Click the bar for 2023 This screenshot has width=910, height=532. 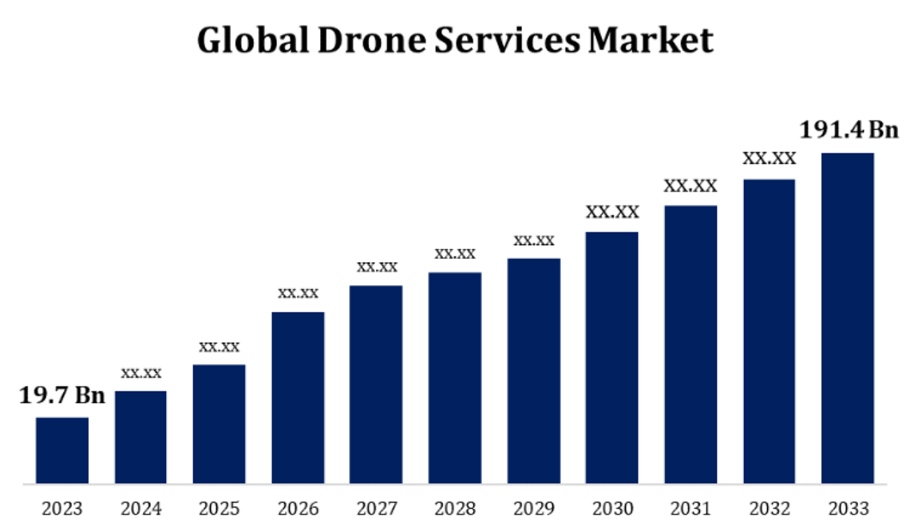(62, 451)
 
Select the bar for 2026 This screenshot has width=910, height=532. (298, 398)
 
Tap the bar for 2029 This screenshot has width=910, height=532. (533, 371)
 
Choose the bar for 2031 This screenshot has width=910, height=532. (690, 344)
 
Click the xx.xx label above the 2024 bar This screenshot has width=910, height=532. (141, 373)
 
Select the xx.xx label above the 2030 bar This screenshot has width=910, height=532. (612, 212)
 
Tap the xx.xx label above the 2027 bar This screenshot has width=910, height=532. (377, 267)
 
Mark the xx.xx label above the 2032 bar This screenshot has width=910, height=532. (770, 159)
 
